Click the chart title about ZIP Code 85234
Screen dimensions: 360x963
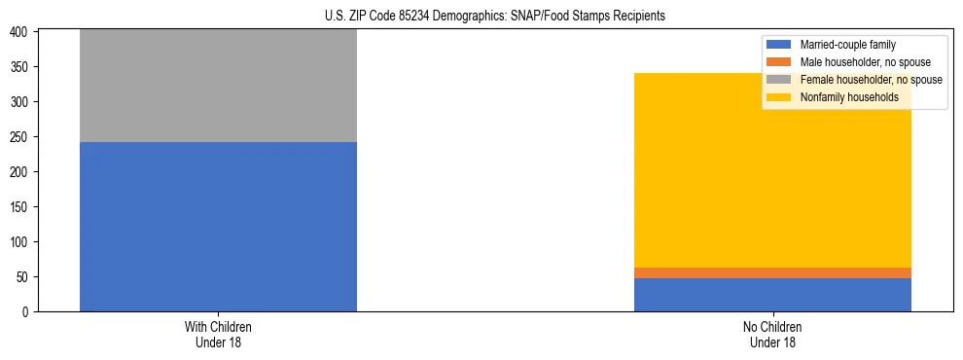(495, 17)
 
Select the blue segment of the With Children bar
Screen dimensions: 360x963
(218, 227)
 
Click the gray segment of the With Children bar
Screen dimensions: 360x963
(218, 86)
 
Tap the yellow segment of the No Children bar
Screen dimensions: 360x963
(772, 170)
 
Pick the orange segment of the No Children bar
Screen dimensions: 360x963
(772, 272)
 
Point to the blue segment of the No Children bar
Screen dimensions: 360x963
(772, 295)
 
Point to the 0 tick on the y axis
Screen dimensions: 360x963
(27, 312)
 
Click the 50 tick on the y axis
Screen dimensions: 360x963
(24, 277)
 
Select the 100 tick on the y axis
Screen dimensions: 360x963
(21, 242)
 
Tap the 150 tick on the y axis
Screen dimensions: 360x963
(21, 207)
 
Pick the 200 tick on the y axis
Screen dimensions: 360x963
(21, 172)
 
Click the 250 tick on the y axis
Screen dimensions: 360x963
(21, 137)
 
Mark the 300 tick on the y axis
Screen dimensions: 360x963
(21, 102)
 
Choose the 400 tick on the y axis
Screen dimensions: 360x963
(21, 32)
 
